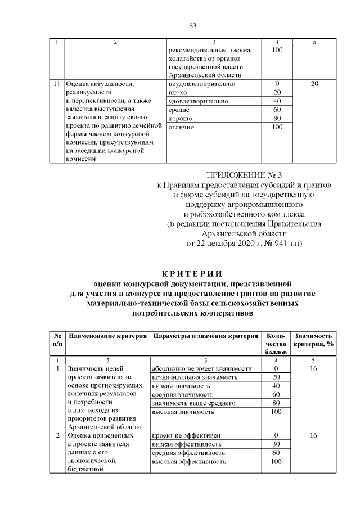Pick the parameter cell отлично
pos(181,127)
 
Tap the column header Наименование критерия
pos(106,336)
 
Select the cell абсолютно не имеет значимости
pos(201,368)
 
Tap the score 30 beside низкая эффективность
pos(276,444)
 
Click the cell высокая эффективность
pos(189,462)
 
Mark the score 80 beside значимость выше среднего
pos(276,403)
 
